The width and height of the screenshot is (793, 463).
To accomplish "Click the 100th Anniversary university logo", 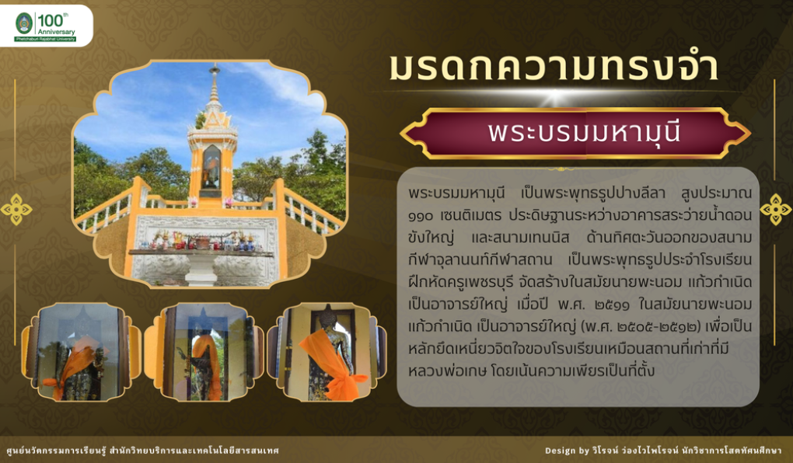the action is coord(46,26).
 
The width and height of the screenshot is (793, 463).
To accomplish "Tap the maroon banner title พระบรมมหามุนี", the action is coord(584,132).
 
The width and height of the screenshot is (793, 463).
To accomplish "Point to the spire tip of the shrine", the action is coord(215,66).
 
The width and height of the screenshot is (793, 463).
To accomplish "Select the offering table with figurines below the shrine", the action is coord(201,251).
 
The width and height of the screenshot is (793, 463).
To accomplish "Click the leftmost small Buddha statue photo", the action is coord(81,352).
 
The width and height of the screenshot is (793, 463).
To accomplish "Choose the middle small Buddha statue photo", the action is coord(204,352).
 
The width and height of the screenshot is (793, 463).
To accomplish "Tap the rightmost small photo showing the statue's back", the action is coord(327,352).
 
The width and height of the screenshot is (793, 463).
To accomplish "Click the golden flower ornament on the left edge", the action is coord(16,209).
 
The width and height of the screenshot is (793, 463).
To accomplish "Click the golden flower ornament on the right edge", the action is coord(776,209).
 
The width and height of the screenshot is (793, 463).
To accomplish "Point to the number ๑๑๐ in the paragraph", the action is coord(421,216).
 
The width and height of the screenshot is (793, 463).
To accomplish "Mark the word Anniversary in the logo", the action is coord(56,32).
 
